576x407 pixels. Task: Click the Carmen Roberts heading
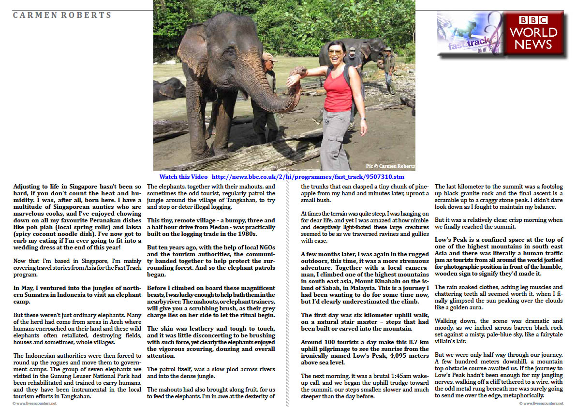pos(62,15)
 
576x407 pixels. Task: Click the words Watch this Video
pos(183,177)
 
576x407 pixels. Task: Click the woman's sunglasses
pos(335,52)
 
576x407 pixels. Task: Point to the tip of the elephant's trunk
pos(300,73)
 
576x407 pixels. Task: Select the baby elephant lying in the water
pos(169,89)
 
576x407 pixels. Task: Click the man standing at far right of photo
pos(389,71)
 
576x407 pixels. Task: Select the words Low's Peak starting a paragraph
pos(451,240)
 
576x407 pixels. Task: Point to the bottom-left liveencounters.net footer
pos(34,403)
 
